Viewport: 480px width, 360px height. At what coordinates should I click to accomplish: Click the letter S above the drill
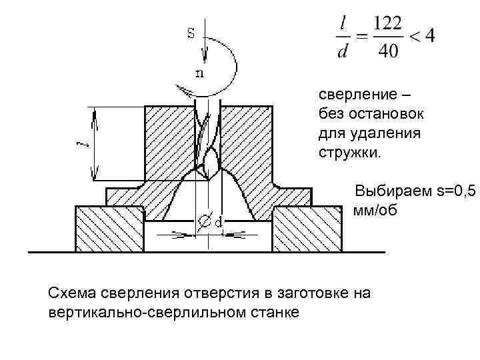[x=191, y=33]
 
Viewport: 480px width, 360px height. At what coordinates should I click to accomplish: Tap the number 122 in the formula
[x=387, y=23]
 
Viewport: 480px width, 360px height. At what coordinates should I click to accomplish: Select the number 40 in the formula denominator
[x=387, y=51]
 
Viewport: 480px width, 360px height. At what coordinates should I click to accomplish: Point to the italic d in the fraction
[x=342, y=52]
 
